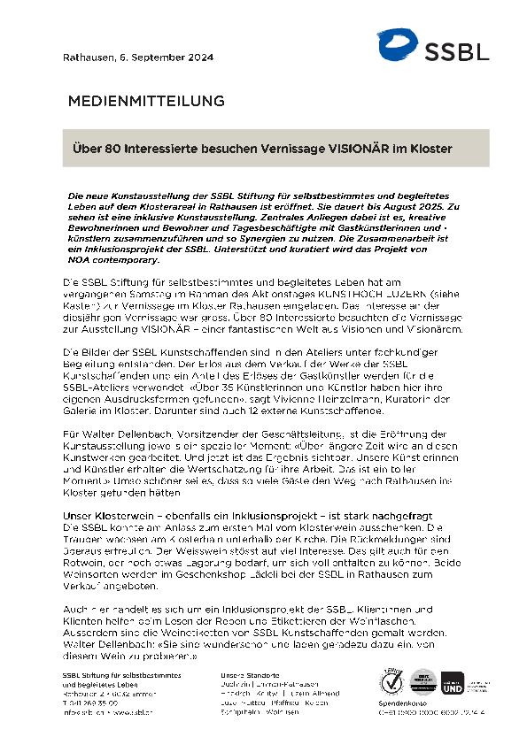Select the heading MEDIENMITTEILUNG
tap(146, 101)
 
